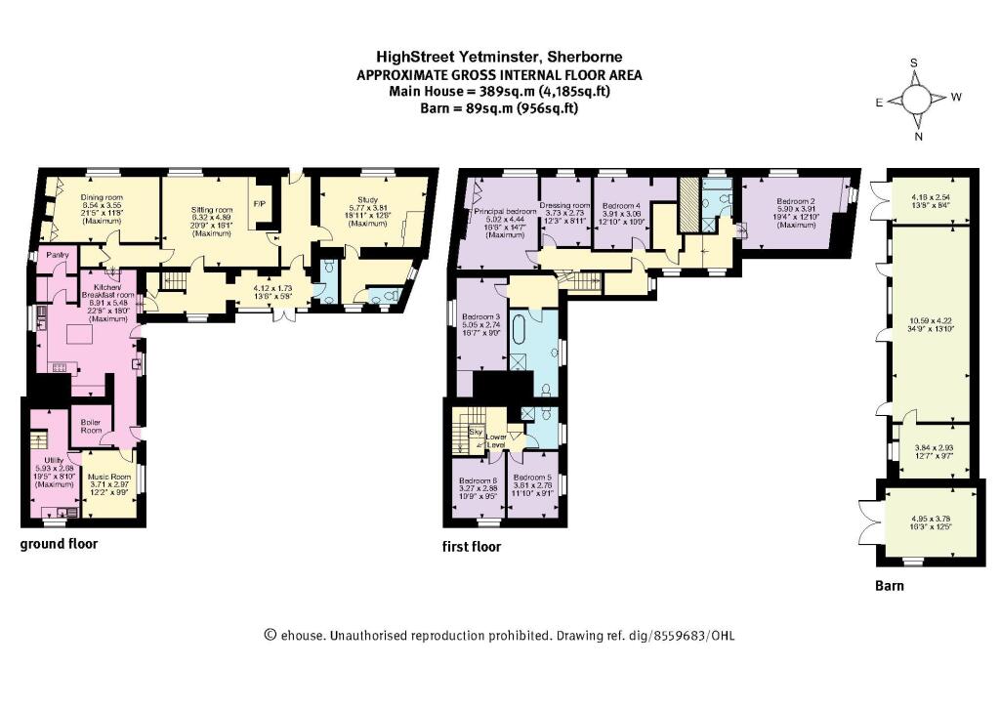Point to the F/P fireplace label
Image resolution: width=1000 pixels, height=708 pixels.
pyautogui.click(x=260, y=204)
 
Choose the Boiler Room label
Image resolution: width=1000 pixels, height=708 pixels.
pyautogui.click(x=91, y=426)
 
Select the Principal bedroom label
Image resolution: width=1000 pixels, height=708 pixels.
pyautogui.click(x=505, y=211)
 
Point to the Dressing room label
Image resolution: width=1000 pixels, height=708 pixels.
pyautogui.click(x=567, y=206)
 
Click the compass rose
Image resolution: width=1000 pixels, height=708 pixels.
pyautogui.click(x=917, y=101)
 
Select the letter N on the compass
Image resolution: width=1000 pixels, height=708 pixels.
pyautogui.click(x=917, y=137)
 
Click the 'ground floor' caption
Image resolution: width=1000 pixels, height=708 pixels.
pyautogui.click(x=59, y=544)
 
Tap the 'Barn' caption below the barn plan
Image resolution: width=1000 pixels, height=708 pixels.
pyautogui.click(x=889, y=586)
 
